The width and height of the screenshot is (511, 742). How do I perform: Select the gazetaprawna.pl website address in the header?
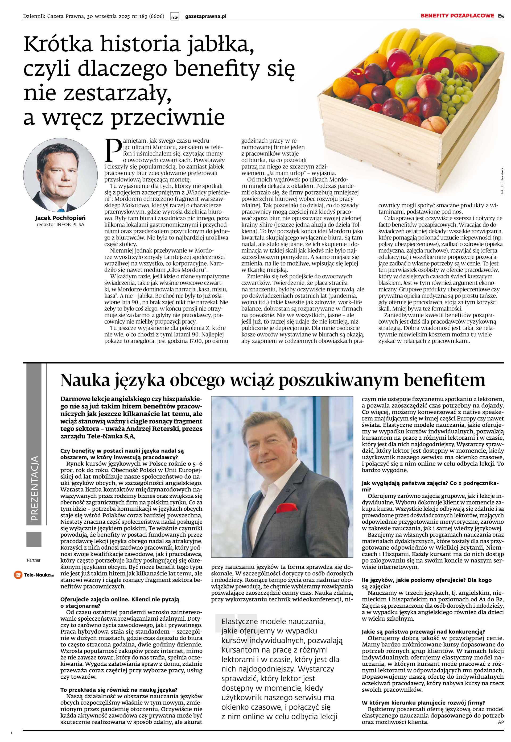pyautogui.click(x=205, y=16)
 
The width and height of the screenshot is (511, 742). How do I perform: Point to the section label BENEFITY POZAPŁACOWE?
pyautogui.click(x=457, y=16)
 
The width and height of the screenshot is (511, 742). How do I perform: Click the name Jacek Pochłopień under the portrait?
pyautogui.click(x=60, y=218)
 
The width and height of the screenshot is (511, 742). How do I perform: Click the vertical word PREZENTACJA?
pyautogui.click(x=34, y=488)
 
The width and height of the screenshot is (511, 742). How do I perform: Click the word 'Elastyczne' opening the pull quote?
pyautogui.click(x=239, y=621)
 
